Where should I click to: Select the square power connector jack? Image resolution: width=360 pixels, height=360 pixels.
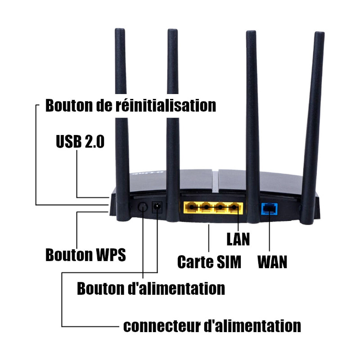(x=157, y=207)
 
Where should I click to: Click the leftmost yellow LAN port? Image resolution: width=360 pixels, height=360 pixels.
(x=192, y=207)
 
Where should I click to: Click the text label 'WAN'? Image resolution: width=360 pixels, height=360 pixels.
(x=272, y=261)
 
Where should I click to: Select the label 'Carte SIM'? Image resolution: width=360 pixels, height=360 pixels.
(x=209, y=261)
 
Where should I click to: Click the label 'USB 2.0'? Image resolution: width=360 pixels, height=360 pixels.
(x=80, y=142)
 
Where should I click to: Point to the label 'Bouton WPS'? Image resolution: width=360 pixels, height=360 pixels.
(x=85, y=255)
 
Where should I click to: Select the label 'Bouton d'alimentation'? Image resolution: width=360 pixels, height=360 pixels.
(x=151, y=288)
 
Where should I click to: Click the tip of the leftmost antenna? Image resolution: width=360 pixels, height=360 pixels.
(x=119, y=32)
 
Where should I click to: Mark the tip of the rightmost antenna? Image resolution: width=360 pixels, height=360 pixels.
(x=319, y=35)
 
